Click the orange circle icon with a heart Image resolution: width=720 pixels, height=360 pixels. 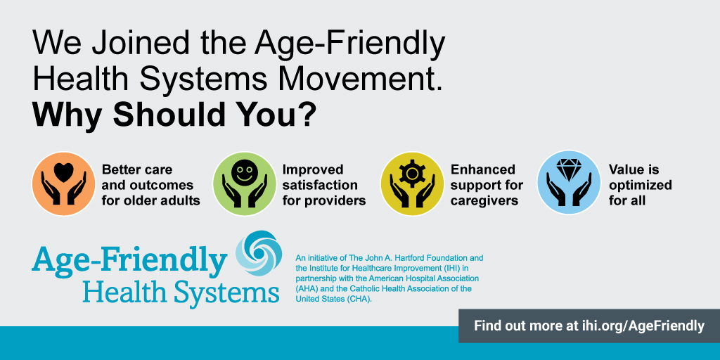[63, 184]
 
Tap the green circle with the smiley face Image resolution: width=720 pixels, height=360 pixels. [244, 184]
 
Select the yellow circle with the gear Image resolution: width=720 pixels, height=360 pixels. [412, 184]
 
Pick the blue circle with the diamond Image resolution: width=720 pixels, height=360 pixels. [569, 183]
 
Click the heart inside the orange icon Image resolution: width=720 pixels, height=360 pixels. [63, 172]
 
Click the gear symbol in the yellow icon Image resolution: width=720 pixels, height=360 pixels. [410, 173]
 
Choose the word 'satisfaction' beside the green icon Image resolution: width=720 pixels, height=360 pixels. [320, 186]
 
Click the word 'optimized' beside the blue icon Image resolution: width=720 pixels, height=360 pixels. [641, 186]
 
